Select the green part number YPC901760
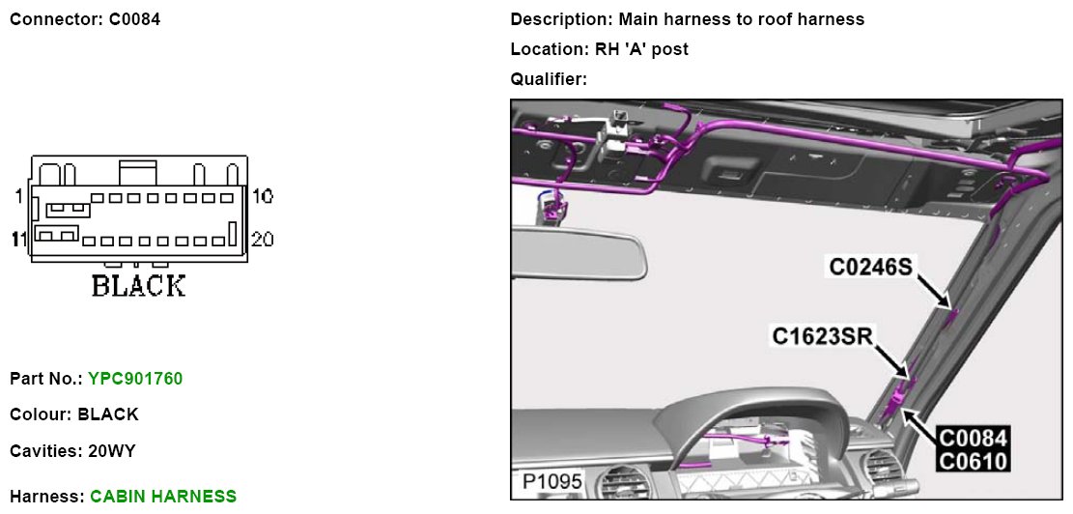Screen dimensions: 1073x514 tap(135, 379)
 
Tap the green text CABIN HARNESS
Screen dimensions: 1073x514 tap(163, 497)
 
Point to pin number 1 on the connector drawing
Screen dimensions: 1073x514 tap(18, 197)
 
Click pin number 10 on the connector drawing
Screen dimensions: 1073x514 tap(262, 197)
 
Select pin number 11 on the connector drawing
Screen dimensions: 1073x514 tap(18, 239)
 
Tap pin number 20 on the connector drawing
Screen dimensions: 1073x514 tap(263, 239)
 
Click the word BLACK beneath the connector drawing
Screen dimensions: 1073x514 tap(138, 286)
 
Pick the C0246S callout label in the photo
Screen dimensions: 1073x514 tap(870, 266)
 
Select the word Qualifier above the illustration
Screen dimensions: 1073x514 tap(548, 79)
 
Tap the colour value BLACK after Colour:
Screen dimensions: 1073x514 tap(108, 414)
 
